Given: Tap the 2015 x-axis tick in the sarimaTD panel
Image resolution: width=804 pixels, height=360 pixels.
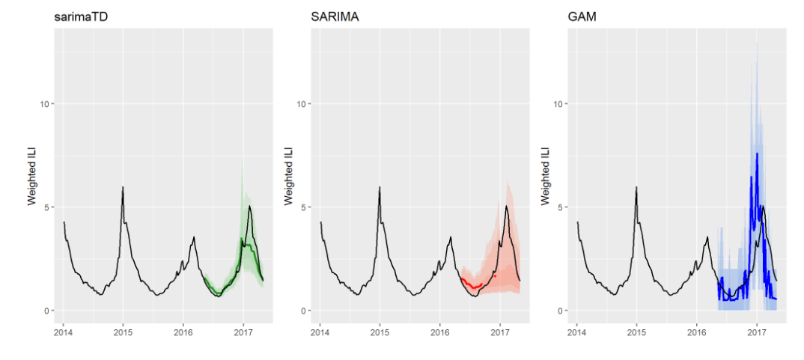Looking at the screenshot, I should pos(124,330).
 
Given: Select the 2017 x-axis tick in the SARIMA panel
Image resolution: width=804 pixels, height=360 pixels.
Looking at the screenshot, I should pos(500,330).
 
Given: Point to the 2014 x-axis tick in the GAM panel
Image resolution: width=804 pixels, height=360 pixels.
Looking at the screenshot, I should pos(576,330).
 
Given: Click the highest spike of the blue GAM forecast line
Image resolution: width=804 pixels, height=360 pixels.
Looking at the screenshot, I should pos(757,153).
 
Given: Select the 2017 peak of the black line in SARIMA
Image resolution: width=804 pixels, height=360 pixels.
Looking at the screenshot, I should pos(507,206).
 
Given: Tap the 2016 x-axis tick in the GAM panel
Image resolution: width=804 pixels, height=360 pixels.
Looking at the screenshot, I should pos(697,330).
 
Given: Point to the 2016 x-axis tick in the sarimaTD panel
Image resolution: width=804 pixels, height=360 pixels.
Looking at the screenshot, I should pos(183,330).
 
